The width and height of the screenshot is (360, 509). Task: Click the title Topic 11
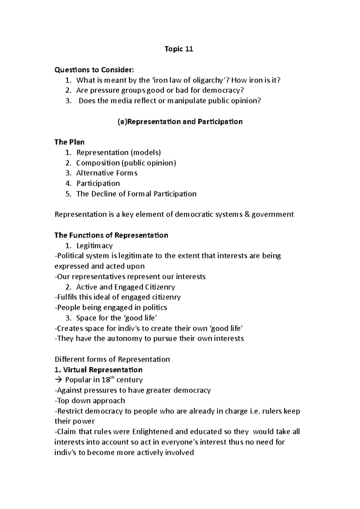click(x=179, y=49)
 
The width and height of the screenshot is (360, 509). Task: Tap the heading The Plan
click(x=69, y=142)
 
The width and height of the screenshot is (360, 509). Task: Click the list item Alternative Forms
click(x=107, y=173)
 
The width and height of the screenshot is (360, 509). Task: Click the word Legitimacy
click(x=94, y=246)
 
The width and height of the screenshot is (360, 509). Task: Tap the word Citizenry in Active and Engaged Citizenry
click(x=160, y=287)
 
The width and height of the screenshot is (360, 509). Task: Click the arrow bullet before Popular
click(x=58, y=380)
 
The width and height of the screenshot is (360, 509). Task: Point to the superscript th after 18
click(x=112, y=377)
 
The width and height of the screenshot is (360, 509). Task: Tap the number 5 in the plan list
click(x=68, y=194)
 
